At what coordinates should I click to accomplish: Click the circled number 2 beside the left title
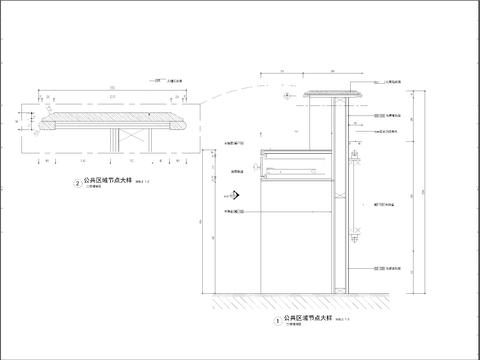coord(78,183)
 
